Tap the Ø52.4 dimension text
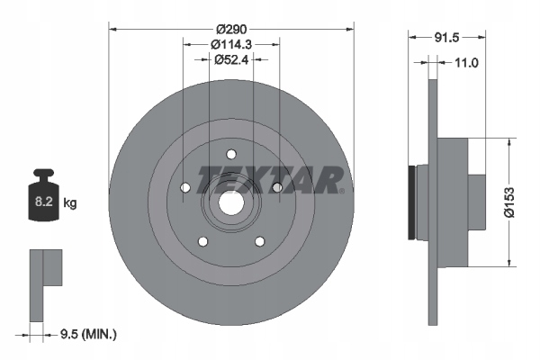[231, 60]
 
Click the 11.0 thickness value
[465, 62]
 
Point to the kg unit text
[71, 203]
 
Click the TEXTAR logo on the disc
[269, 179]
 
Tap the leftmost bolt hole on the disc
[184, 187]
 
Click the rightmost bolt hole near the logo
[276, 187]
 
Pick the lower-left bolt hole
[202, 241]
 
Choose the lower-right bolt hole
[259, 241]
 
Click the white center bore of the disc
[230, 203]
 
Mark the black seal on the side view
[413, 203]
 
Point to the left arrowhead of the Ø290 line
[112, 27]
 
